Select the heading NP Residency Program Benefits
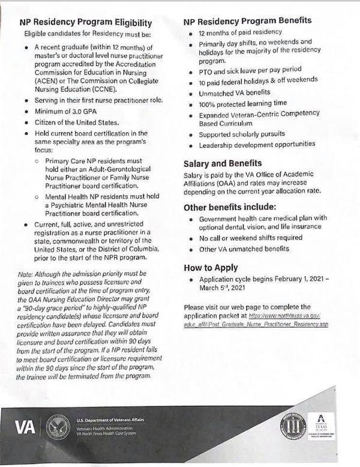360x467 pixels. coord(247,20)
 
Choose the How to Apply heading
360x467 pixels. coord(211,267)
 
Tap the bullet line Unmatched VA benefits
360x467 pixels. coord(233,94)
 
